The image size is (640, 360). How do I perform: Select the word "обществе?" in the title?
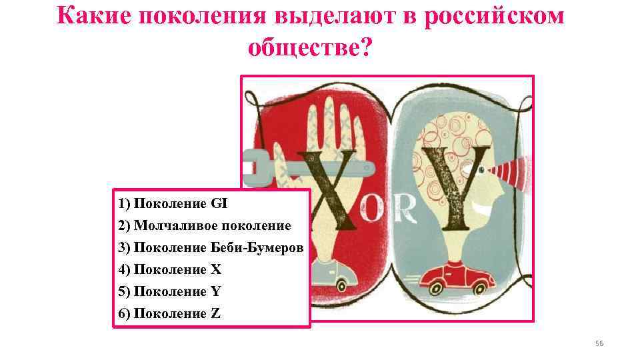tap(309, 47)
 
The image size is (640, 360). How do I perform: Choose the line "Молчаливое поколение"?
tap(204, 226)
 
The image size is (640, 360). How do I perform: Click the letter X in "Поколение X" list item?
tap(215, 270)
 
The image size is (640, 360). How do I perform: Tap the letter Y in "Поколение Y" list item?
tap(215, 292)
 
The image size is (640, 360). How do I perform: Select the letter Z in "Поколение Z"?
tap(215, 314)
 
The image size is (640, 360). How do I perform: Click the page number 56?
tap(598, 343)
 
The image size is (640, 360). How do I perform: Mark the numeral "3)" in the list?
tap(125, 248)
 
